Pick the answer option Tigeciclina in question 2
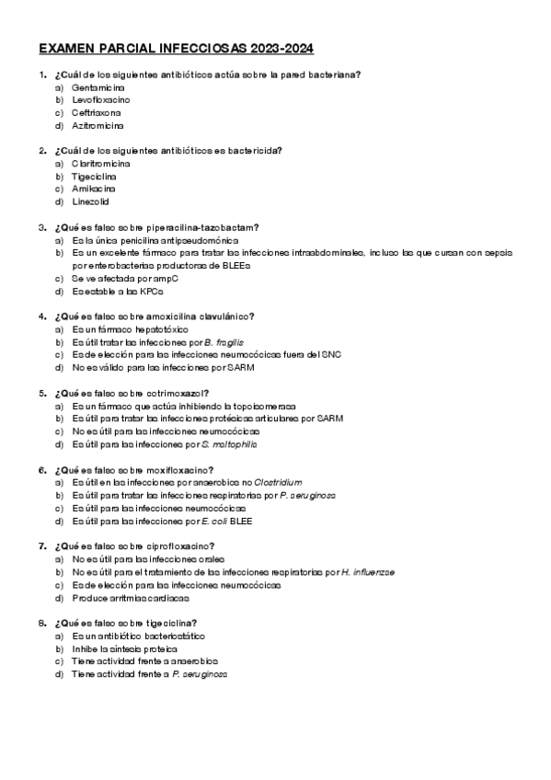(94, 176)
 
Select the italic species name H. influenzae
(367, 571)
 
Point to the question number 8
(42, 623)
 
